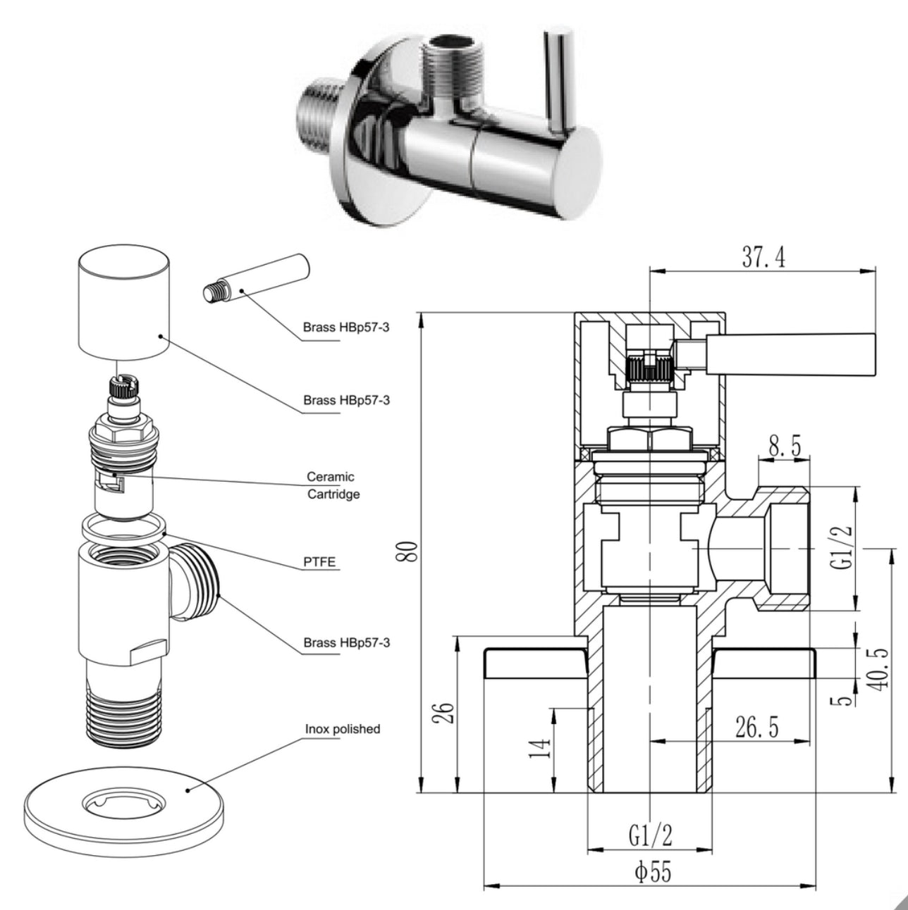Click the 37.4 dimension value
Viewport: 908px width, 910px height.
[763, 257]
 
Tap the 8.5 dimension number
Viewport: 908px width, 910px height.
[784, 447]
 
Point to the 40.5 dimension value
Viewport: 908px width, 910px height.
[879, 668]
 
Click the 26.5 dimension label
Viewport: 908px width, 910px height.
[756, 728]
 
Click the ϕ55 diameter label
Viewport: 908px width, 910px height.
[653, 873]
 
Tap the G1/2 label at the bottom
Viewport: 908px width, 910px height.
[650, 835]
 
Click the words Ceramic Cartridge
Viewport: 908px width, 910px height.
[333, 485]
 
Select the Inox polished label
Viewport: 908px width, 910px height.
[342, 729]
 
